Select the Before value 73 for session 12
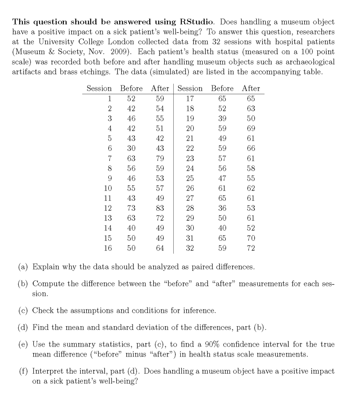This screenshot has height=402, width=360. point(131,208)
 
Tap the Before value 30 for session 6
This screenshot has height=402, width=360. point(131,148)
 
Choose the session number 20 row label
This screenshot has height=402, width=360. point(190,128)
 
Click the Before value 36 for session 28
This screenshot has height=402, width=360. point(222,208)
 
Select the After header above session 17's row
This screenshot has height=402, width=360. point(251,88)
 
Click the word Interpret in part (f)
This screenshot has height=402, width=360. point(48,372)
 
